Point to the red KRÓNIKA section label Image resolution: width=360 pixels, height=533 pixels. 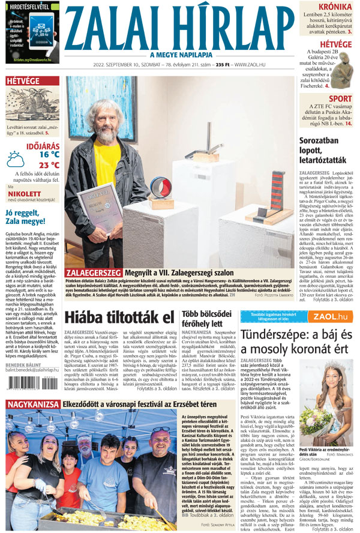335,7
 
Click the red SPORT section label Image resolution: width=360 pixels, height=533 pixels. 340,98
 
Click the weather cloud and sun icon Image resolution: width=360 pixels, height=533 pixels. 16,159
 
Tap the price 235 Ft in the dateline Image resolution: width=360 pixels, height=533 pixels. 223,64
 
